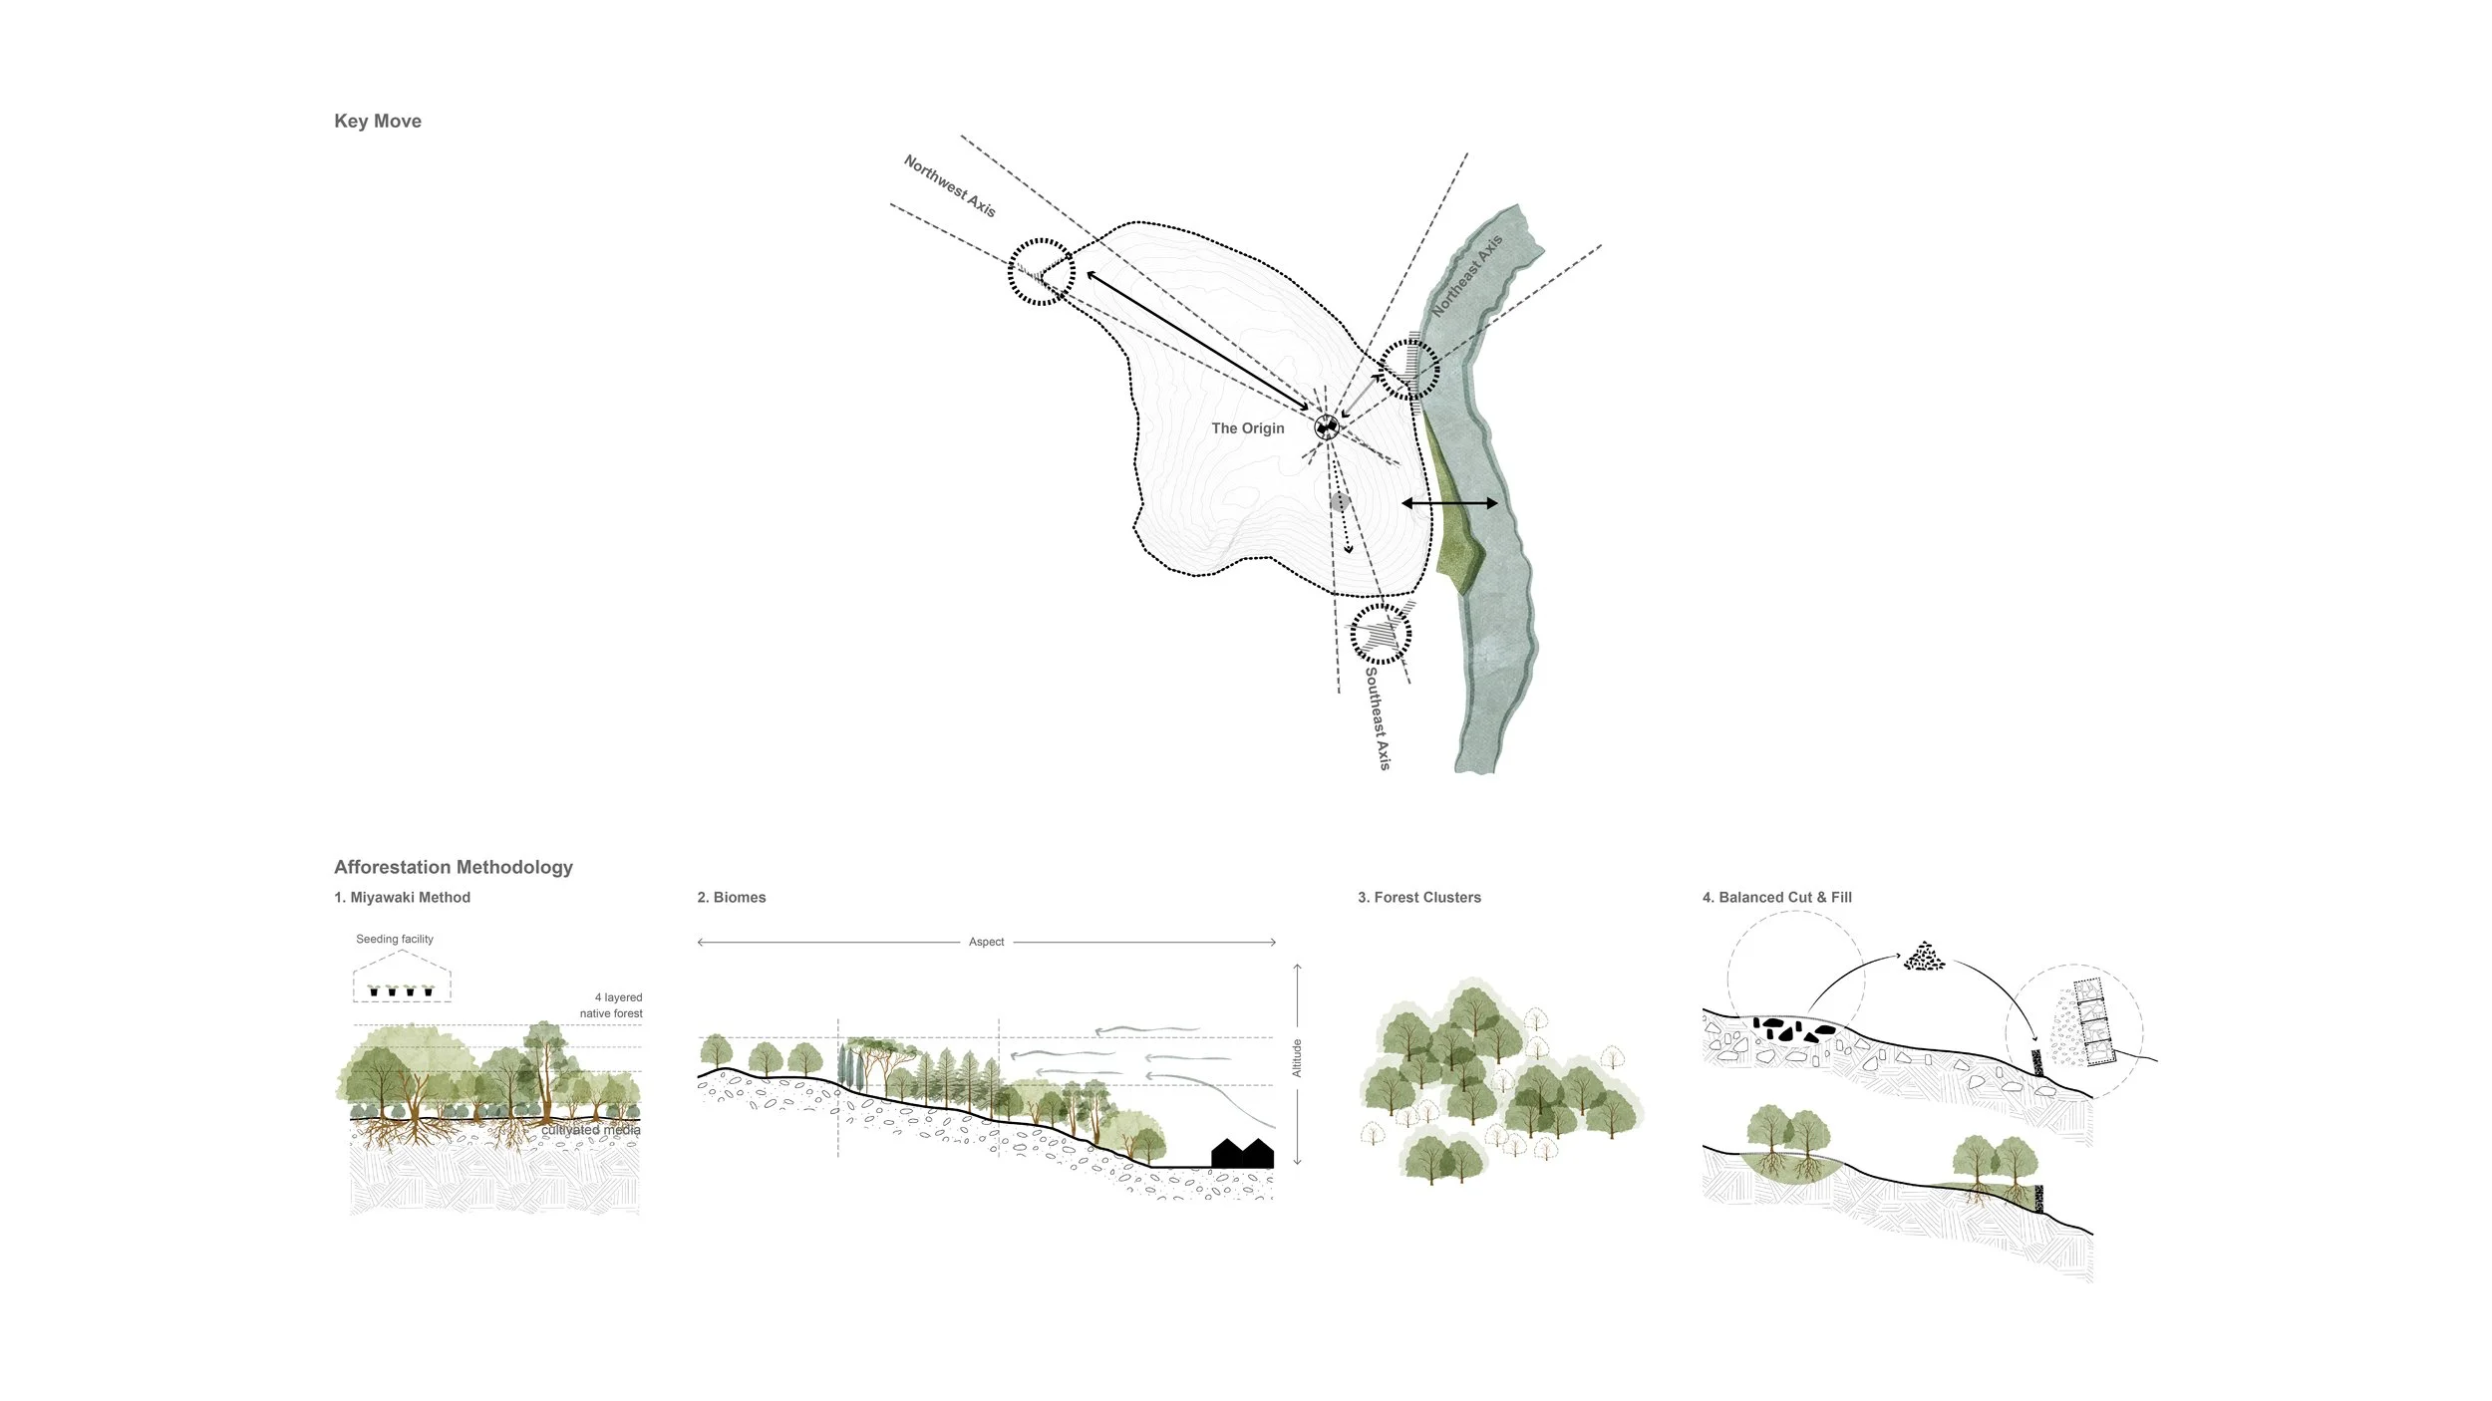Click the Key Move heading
tap(377, 122)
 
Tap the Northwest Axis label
tap(949, 185)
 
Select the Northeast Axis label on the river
tap(1466, 276)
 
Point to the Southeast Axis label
tap(1377, 717)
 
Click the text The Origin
tap(1247, 428)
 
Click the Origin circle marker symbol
tap(1327, 427)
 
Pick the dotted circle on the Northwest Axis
tap(1042, 271)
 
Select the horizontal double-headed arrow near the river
tap(1449, 503)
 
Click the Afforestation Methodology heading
tap(453, 867)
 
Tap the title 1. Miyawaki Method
tap(402, 898)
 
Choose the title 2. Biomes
tap(732, 898)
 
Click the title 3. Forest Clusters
tap(1418, 898)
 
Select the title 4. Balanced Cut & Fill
tap(1776, 898)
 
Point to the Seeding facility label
tap(395, 939)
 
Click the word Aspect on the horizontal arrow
tap(986, 942)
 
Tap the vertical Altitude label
tap(1297, 1057)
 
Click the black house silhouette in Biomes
tap(1242, 1154)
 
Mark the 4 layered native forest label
tap(611, 1005)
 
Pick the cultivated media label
tap(590, 1130)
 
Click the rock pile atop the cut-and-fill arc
tap(1924, 957)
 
